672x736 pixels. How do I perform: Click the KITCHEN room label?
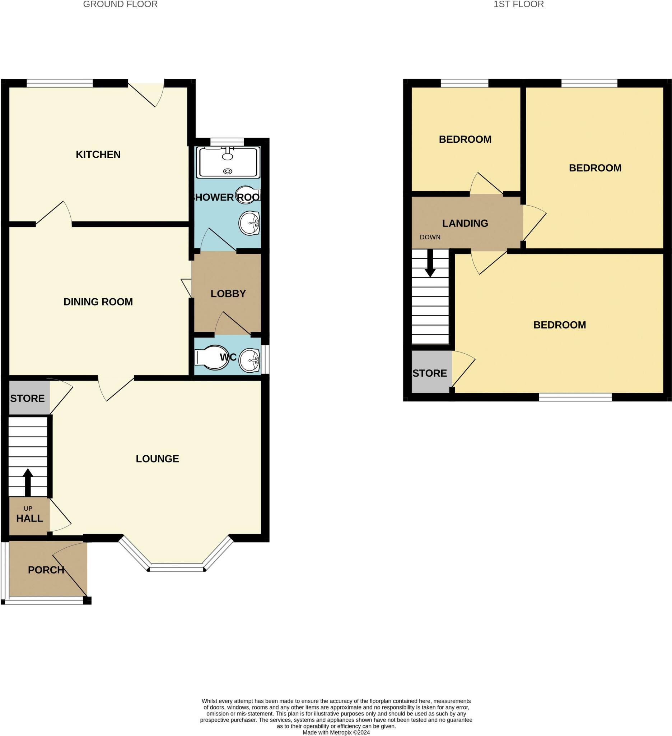pos(98,155)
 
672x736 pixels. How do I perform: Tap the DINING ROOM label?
pos(98,302)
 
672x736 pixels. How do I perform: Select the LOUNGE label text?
pos(157,459)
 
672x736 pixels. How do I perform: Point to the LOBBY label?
pos(228,294)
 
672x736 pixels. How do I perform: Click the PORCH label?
pos(46,570)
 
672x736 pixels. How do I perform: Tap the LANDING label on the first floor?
pos(465,223)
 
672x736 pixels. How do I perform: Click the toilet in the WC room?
pos(208,358)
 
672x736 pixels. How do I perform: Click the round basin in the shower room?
pos(249,223)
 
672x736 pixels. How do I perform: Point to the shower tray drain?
pos(228,171)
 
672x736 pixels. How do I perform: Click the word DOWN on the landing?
pos(430,237)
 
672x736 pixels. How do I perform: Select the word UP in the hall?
pos(28,509)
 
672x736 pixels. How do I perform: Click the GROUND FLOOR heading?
pos(120,4)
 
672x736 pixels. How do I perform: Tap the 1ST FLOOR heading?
pos(518,4)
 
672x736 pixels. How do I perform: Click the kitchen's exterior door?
pos(146,94)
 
